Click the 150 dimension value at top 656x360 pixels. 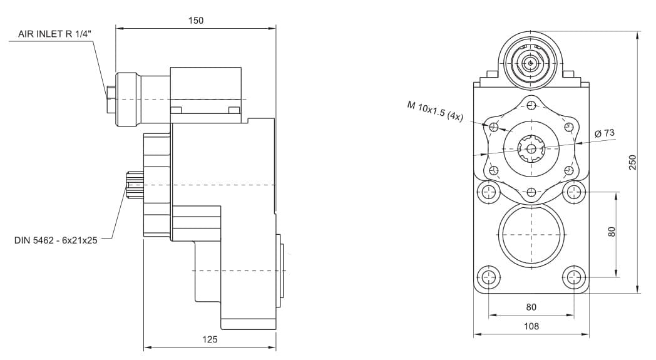[x=196, y=21]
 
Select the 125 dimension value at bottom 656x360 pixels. [x=210, y=339]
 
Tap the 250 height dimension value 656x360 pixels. [x=632, y=162]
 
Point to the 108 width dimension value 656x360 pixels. [x=531, y=326]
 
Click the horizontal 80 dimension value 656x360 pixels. [x=531, y=307]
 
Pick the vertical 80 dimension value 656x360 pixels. [x=612, y=232]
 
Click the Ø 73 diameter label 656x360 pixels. [x=605, y=133]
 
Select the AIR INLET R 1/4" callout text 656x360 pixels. [x=54, y=34]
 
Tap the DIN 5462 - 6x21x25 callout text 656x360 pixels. [x=56, y=240]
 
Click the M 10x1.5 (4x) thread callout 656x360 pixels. [x=435, y=111]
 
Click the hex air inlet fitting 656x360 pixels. [x=111, y=99]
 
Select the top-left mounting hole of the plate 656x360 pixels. [x=488, y=192]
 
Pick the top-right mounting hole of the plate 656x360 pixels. [x=573, y=192]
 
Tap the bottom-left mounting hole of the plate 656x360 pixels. [x=488, y=277]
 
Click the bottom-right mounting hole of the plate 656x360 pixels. [x=573, y=277]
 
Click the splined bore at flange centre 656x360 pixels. [x=531, y=148]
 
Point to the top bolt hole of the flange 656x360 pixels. [x=531, y=105]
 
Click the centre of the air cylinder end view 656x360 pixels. [x=530, y=63]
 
